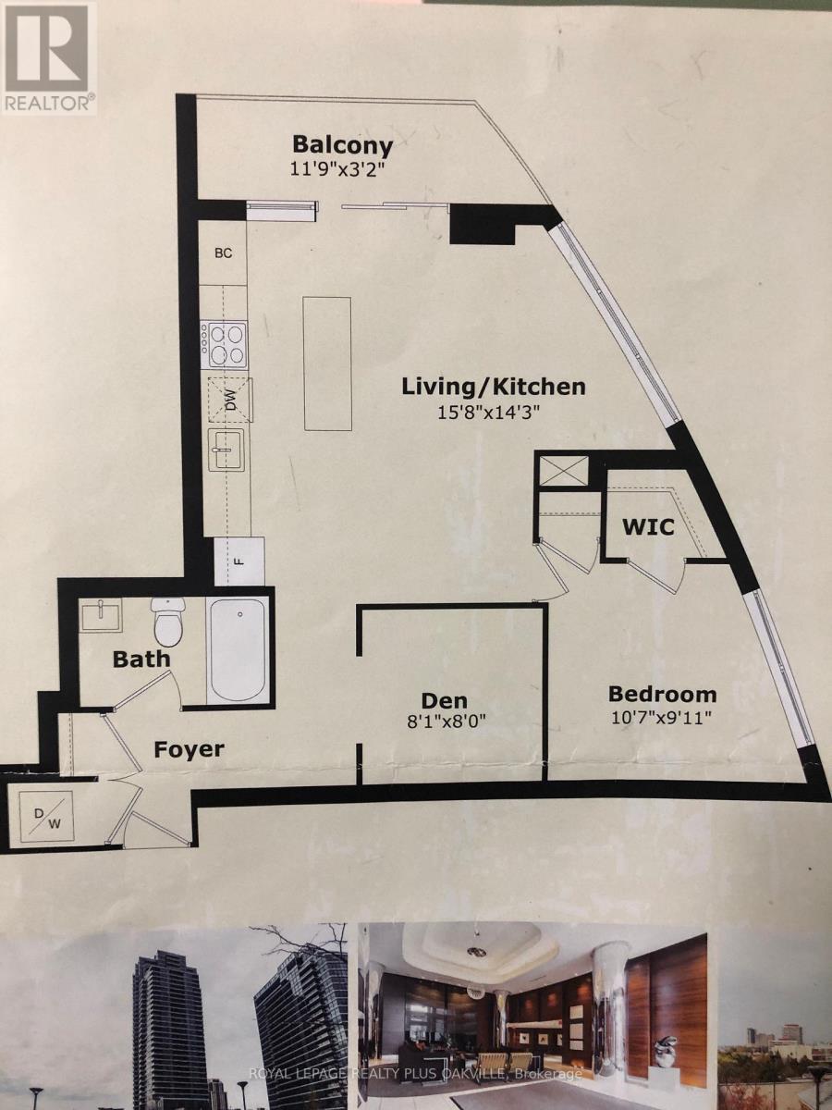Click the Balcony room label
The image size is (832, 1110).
click(342, 145)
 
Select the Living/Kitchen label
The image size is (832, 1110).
click(493, 387)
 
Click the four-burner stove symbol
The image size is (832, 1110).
click(226, 342)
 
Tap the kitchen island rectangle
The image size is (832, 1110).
click(326, 363)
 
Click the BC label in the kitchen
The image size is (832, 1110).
click(224, 253)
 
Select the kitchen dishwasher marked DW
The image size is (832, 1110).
click(227, 400)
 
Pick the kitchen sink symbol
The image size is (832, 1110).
click(226, 450)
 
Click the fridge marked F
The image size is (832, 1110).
click(239, 561)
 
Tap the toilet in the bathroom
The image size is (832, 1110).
click(168, 622)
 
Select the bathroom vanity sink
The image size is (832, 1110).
click(102, 614)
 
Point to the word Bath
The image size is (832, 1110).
click(141, 660)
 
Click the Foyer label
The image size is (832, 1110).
click(190, 748)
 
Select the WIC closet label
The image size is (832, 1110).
click(647, 527)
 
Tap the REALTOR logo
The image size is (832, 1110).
click(48, 58)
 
